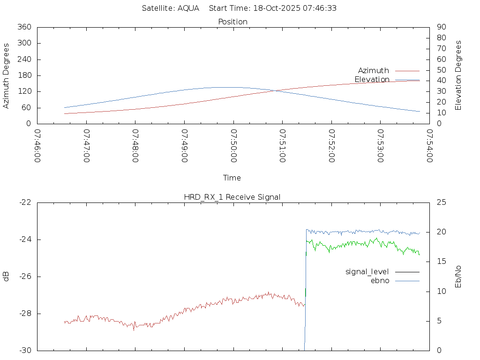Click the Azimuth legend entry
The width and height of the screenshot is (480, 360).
click(373, 71)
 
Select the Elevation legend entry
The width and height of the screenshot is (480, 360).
click(372, 80)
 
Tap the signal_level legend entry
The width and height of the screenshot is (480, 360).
click(367, 272)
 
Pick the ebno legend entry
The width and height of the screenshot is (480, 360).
click(380, 281)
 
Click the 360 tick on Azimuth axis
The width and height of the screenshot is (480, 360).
click(24, 27)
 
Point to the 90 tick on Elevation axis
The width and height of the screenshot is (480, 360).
click(441, 27)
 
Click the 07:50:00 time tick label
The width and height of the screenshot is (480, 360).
click(233, 146)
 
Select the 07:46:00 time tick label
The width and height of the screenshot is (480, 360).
click(37, 146)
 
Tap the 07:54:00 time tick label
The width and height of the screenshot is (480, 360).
click(429, 146)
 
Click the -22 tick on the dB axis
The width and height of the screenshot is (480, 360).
click(25, 202)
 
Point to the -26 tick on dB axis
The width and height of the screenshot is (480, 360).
click(25, 277)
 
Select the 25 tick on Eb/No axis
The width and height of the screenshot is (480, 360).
click(442, 202)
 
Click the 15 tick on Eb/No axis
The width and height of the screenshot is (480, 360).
click(442, 262)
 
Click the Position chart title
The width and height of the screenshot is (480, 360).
click(232, 22)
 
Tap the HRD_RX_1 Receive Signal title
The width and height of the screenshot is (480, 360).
click(232, 197)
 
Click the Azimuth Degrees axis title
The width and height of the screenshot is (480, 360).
click(7, 75)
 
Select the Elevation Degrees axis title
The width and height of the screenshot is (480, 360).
click(458, 75)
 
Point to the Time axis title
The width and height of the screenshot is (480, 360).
click(232, 178)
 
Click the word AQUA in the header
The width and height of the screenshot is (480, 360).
click(188, 8)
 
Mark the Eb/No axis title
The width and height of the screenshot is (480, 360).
click(458, 277)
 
